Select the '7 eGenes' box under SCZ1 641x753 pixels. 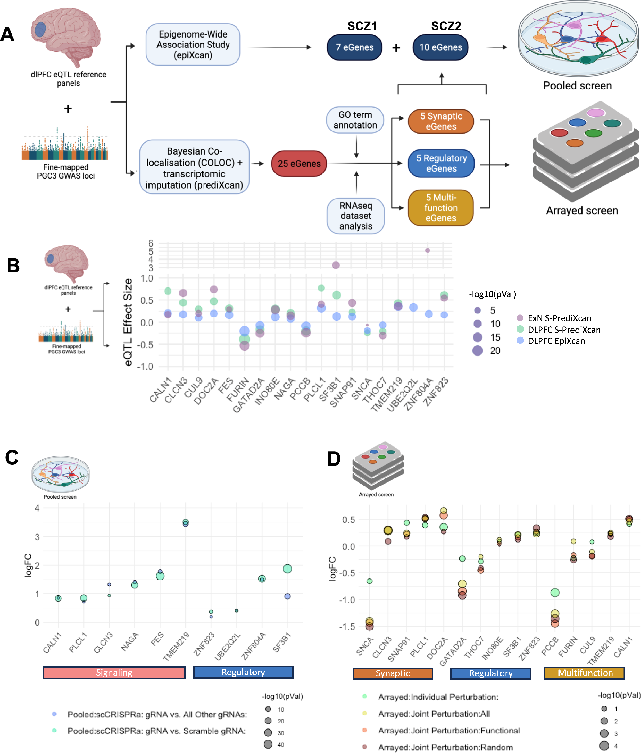(354, 47)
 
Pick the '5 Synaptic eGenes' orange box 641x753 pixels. (441, 121)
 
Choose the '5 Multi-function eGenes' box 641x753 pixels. (441, 207)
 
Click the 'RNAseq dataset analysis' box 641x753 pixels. (355, 216)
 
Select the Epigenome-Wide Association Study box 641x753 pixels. (193, 45)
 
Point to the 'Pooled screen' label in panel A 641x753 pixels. (577, 86)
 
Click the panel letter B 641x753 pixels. (13, 266)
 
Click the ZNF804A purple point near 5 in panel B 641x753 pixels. (428, 250)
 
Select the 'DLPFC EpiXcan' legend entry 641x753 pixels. (556, 341)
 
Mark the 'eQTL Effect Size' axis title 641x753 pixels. (128, 322)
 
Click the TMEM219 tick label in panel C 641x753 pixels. (177, 647)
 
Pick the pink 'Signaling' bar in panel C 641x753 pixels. (114, 672)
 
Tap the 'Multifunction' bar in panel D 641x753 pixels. (584, 673)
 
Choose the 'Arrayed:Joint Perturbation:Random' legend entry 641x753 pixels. (445, 747)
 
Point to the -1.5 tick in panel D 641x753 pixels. (347, 627)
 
